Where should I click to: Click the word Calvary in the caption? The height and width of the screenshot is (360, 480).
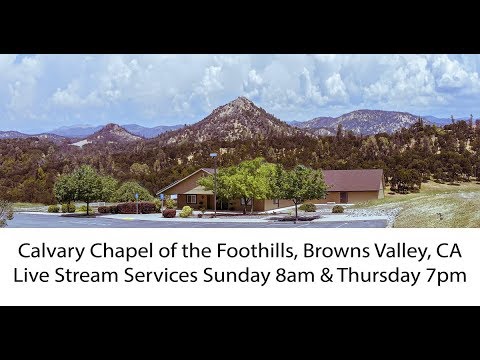click(47, 249)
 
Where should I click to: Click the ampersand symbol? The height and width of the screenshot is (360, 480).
click(343, 275)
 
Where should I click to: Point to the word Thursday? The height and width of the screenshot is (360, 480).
click(392, 275)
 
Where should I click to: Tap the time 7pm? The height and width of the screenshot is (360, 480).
click(451, 275)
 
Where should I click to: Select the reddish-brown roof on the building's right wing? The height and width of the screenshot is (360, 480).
click(352, 179)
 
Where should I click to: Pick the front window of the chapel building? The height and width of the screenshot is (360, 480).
click(192, 199)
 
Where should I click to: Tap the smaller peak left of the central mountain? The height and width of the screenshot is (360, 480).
click(111, 127)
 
